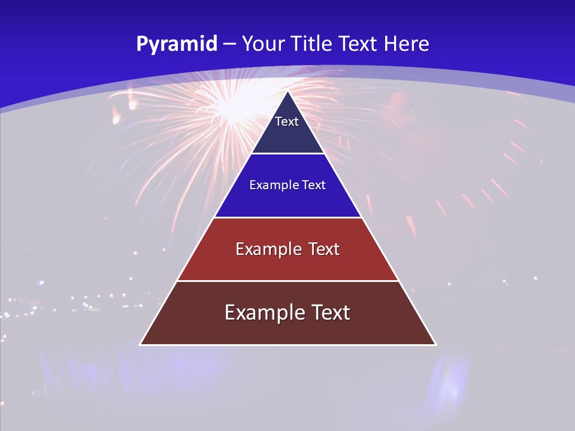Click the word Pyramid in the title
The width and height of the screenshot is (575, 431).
[177, 44]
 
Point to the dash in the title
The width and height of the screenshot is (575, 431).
[229, 44]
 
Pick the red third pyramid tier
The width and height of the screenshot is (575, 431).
[287, 263]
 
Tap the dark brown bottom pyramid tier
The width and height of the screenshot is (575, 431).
[287, 329]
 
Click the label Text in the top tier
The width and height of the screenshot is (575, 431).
[287, 122]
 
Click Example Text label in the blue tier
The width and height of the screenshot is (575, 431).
[287, 185]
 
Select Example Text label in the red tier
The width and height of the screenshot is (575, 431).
[287, 249]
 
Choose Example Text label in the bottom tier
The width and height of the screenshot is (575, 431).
[287, 312]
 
